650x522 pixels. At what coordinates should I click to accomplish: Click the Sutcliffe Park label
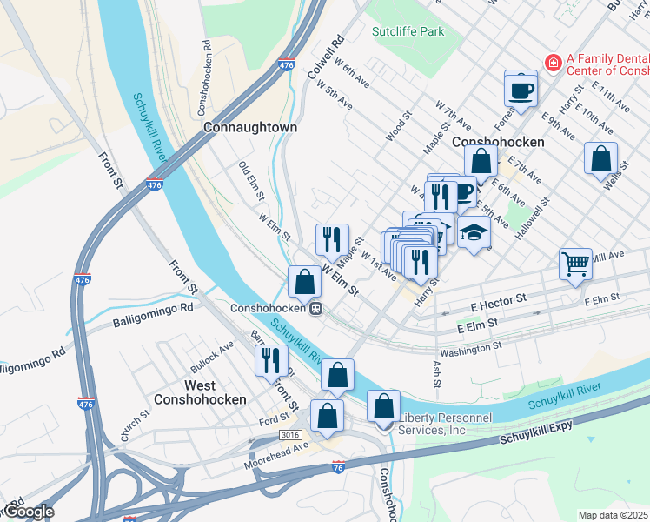408,32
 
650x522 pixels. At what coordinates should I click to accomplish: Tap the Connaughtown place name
250,127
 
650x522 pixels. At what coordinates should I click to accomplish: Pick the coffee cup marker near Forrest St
521,90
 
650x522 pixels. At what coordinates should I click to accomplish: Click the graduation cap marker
474,234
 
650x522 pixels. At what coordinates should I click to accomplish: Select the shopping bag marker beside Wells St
600,159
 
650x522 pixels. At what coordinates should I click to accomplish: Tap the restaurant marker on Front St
271,358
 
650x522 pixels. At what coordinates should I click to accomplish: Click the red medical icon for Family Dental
552,63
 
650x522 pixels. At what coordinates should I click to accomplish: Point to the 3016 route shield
291,433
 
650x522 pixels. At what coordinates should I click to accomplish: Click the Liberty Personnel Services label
443,424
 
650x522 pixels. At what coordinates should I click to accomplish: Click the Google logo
28,512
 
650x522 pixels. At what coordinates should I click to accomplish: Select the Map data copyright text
614,515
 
